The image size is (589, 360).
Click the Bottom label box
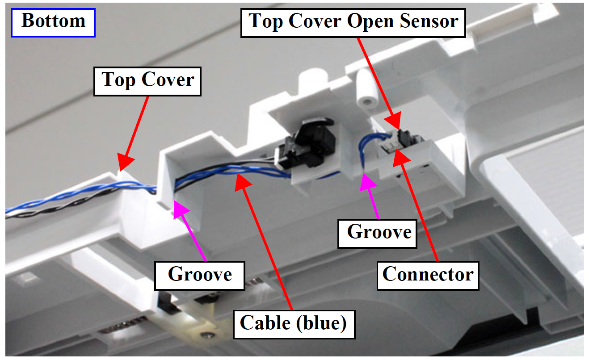(x=53, y=21)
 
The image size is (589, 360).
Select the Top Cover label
(x=147, y=80)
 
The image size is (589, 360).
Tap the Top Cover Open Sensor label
(x=353, y=21)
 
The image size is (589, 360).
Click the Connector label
(x=428, y=274)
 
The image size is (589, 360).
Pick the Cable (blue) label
(x=293, y=323)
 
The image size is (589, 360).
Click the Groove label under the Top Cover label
(x=200, y=274)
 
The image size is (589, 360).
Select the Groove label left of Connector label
(x=379, y=232)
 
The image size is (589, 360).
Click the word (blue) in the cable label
(x=321, y=323)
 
